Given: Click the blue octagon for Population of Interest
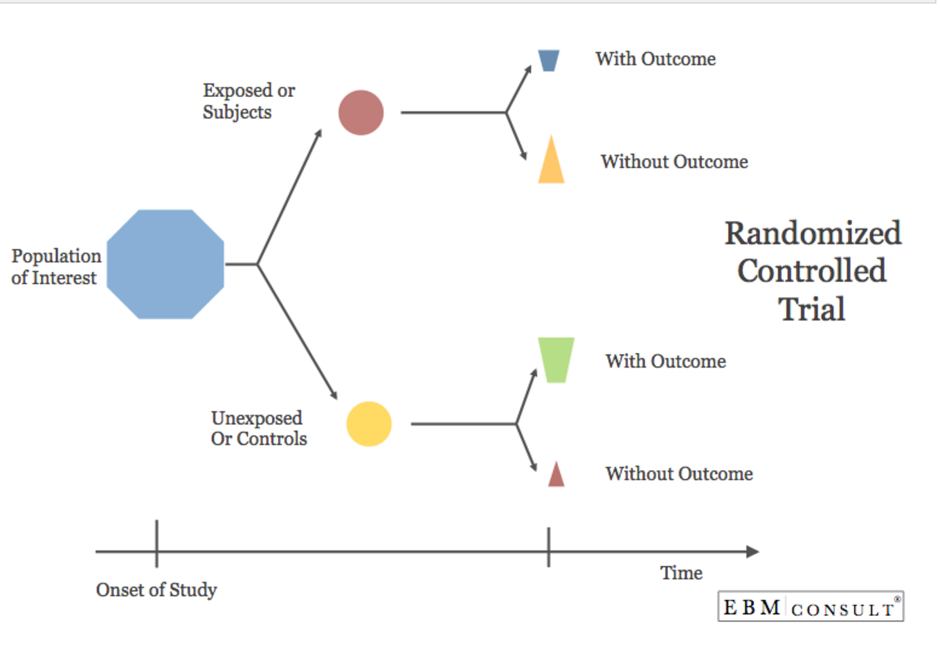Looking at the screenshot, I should [x=165, y=264].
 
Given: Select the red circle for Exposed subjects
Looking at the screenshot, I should [x=361, y=112].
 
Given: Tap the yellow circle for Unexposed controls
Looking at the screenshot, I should [x=369, y=424].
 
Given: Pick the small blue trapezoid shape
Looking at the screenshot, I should [x=548, y=60].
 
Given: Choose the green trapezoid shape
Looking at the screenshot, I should [x=556, y=359].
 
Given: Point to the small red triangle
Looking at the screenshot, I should [x=556, y=476].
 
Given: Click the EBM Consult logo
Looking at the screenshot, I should [x=811, y=607].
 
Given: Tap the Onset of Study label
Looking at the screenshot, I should [x=156, y=590].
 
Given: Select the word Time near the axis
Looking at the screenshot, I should [x=681, y=573].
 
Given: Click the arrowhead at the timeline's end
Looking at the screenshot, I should [x=752, y=552].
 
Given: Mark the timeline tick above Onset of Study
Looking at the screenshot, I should [x=157, y=543].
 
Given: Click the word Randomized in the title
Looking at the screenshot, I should [x=813, y=233].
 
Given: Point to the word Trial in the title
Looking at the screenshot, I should [x=812, y=309].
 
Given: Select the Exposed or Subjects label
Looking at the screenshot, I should [x=248, y=101].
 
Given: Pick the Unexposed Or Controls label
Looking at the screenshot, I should [x=259, y=428].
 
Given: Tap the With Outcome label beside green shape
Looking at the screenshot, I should [x=665, y=361].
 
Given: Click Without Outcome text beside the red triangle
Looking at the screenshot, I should [x=679, y=474].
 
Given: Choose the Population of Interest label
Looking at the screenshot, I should [x=56, y=266].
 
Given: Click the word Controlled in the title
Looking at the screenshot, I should [x=812, y=271].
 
